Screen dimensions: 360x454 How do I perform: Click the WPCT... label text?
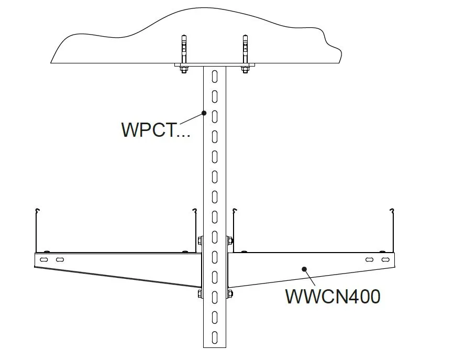click(x=156, y=129)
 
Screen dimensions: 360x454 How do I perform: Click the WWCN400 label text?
click(x=332, y=297)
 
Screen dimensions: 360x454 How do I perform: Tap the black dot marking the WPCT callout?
click(x=204, y=112)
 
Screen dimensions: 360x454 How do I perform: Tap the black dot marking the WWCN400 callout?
click(x=304, y=269)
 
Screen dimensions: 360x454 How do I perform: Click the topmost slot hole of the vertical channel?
click(x=214, y=77)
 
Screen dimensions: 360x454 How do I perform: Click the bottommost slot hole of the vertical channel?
click(x=214, y=335)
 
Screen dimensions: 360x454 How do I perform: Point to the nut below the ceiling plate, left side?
click(x=184, y=69)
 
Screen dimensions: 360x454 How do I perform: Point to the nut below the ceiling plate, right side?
click(x=244, y=69)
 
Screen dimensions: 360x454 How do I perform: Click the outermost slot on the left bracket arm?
click(x=45, y=259)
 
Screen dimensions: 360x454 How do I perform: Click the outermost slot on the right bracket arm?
click(x=385, y=259)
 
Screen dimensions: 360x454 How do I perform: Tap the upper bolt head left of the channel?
click(x=200, y=241)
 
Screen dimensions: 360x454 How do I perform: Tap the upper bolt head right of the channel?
click(x=229, y=241)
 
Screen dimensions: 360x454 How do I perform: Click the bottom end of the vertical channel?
click(x=214, y=346)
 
